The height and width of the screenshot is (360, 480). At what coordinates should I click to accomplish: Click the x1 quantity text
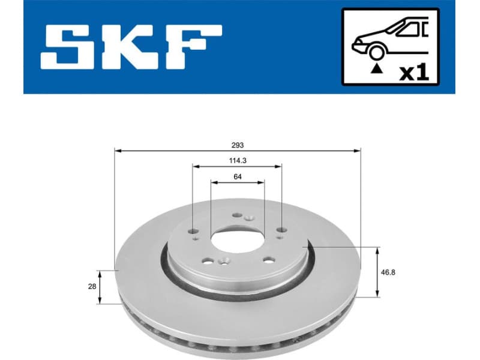click(x=414, y=73)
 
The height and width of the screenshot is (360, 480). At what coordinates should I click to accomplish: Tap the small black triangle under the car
click(x=376, y=69)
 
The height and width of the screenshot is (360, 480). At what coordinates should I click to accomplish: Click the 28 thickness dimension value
click(x=92, y=287)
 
